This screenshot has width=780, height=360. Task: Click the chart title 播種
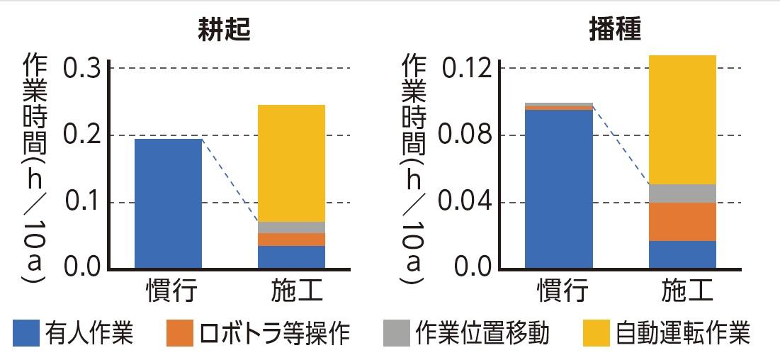click(614, 30)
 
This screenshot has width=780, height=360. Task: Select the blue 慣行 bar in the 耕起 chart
click(169, 203)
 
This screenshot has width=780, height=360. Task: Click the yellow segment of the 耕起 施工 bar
click(291, 163)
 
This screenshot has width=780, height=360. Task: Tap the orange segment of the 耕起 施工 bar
click(291, 240)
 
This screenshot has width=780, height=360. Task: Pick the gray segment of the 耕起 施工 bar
click(291, 227)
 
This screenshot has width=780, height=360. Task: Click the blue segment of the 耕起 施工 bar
click(291, 257)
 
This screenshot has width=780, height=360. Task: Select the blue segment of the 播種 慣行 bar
click(559, 189)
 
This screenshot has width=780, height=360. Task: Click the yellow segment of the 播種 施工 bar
click(682, 119)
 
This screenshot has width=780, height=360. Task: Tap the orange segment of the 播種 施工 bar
click(682, 222)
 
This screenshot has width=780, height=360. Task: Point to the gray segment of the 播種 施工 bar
click(682, 193)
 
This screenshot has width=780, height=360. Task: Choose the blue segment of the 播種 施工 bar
click(682, 254)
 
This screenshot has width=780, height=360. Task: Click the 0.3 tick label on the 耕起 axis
click(84, 69)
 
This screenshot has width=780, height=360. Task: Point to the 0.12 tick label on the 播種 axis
click(466, 69)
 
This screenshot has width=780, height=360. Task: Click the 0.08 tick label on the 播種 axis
click(466, 135)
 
